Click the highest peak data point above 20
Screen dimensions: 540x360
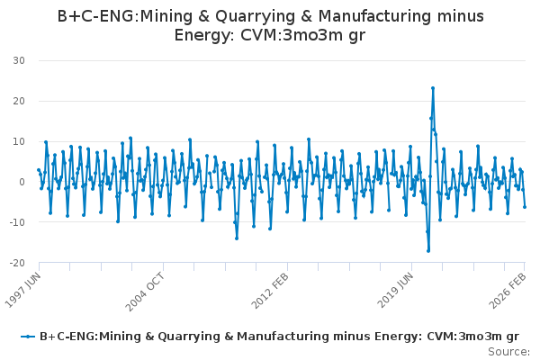[x=433, y=88]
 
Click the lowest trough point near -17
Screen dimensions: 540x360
[x=428, y=251]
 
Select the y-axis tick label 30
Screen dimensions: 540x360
[x=19, y=60]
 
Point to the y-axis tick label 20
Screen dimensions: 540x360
[x=19, y=101]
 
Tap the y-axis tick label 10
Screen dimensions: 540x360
[x=19, y=141]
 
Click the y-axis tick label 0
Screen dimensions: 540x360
[x=22, y=182]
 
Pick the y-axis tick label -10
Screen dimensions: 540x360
[x=17, y=222]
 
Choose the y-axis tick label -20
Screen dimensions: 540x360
[x=17, y=263]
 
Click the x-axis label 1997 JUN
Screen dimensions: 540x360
[x=23, y=291]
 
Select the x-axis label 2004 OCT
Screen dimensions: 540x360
[x=145, y=292]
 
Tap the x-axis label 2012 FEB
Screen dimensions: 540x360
[x=270, y=291]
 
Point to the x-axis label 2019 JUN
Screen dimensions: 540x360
[x=395, y=290]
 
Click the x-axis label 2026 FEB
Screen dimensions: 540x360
[x=508, y=291]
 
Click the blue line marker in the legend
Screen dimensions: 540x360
[x=28, y=337]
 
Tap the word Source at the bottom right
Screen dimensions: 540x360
[x=508, y=352]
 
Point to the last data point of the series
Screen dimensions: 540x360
[x=525, y=207]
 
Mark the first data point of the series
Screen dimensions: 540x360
[x=39, y=170]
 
